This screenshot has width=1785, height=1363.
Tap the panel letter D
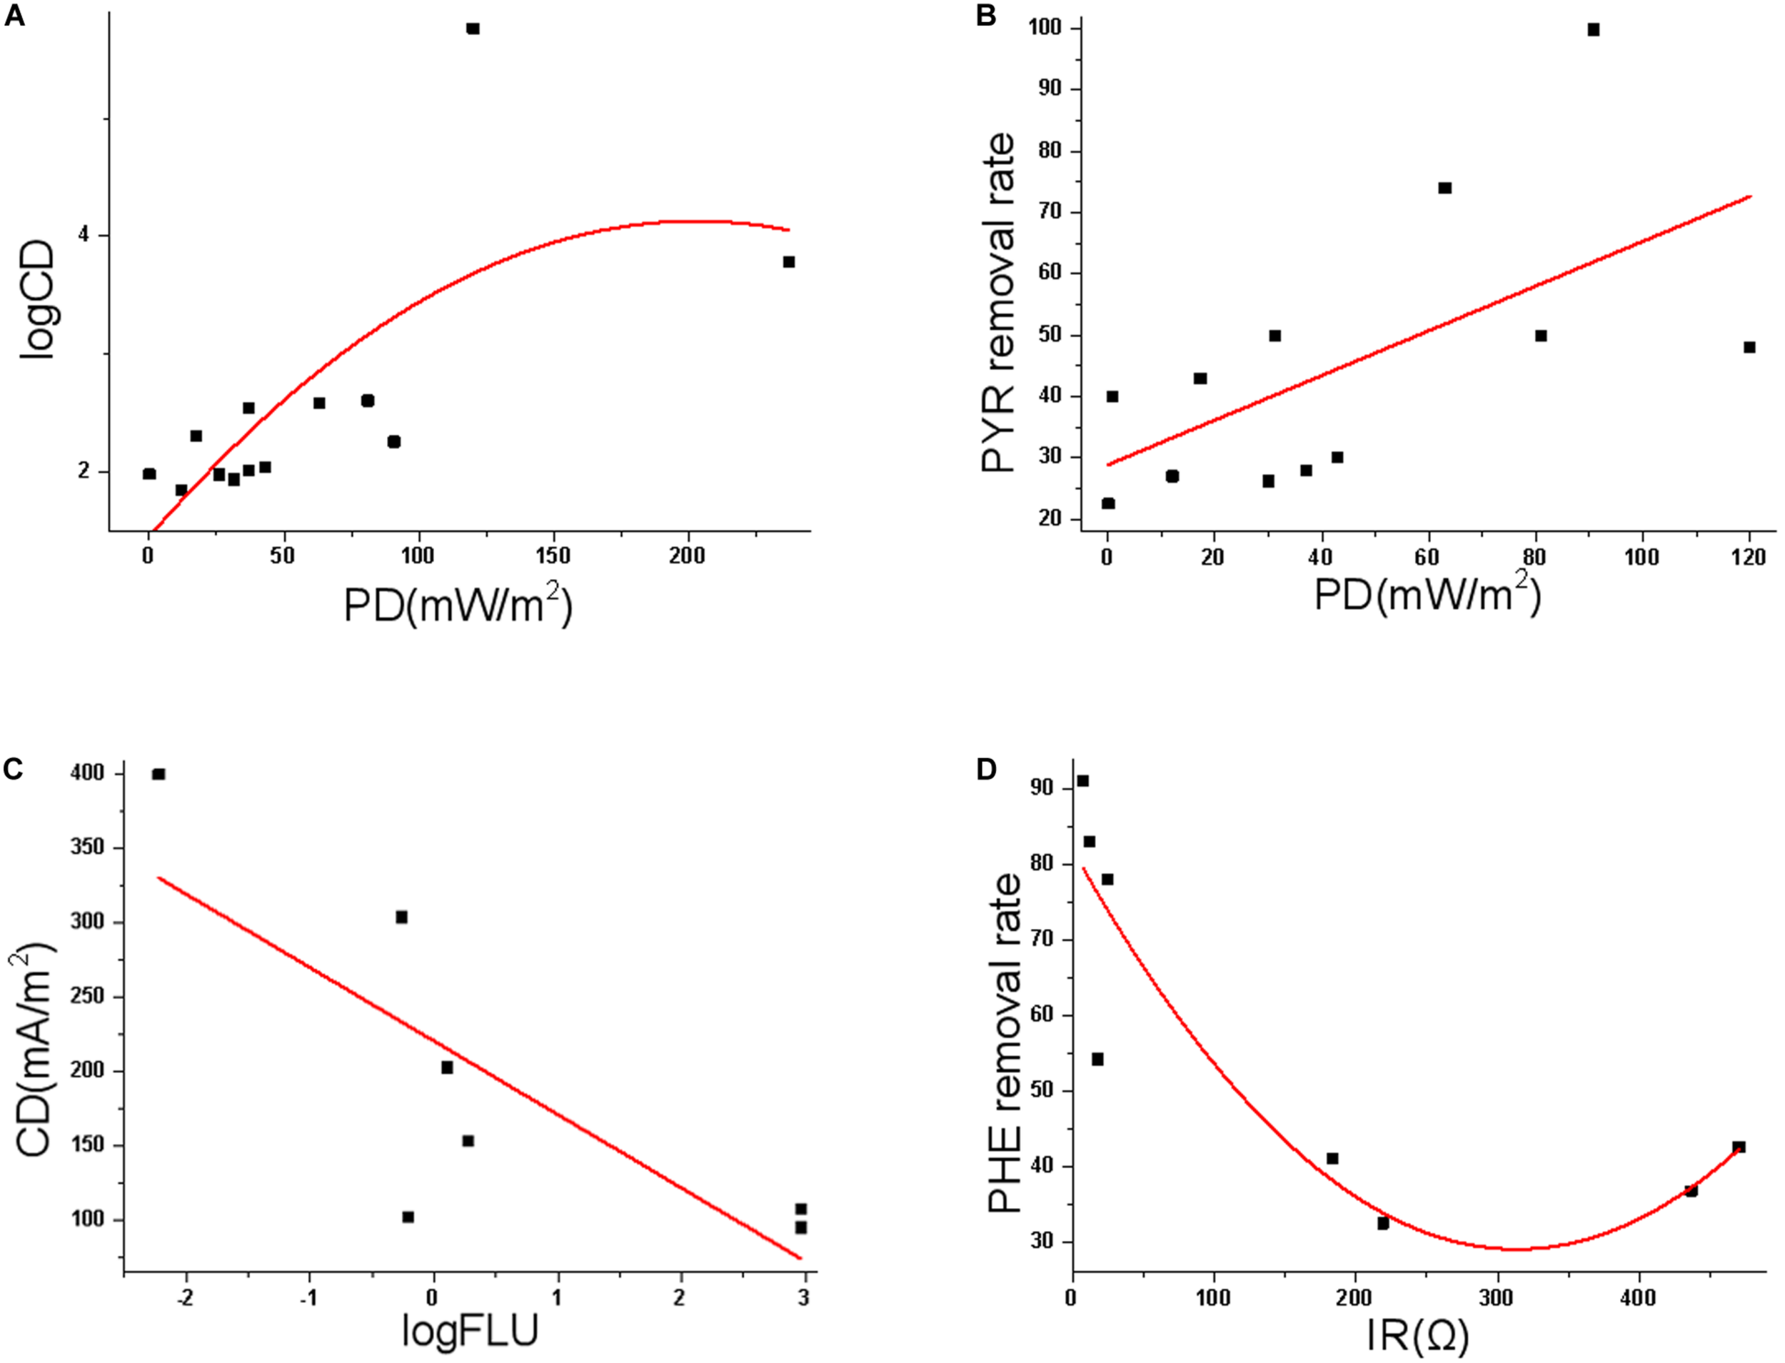(986, 768)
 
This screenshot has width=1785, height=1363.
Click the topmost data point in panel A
(473, 29)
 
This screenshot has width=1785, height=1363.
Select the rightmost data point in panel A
(789, 261)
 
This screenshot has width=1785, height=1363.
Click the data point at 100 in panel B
(1594, 30)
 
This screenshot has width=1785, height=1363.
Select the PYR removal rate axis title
(999, 303)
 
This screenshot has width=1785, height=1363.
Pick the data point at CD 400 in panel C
(159, 774)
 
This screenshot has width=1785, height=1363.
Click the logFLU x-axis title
(471, 1331)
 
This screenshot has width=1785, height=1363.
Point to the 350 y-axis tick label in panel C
(88, 847)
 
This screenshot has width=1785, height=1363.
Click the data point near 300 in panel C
(401, 917)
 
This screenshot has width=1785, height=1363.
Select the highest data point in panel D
(1082, 780)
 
